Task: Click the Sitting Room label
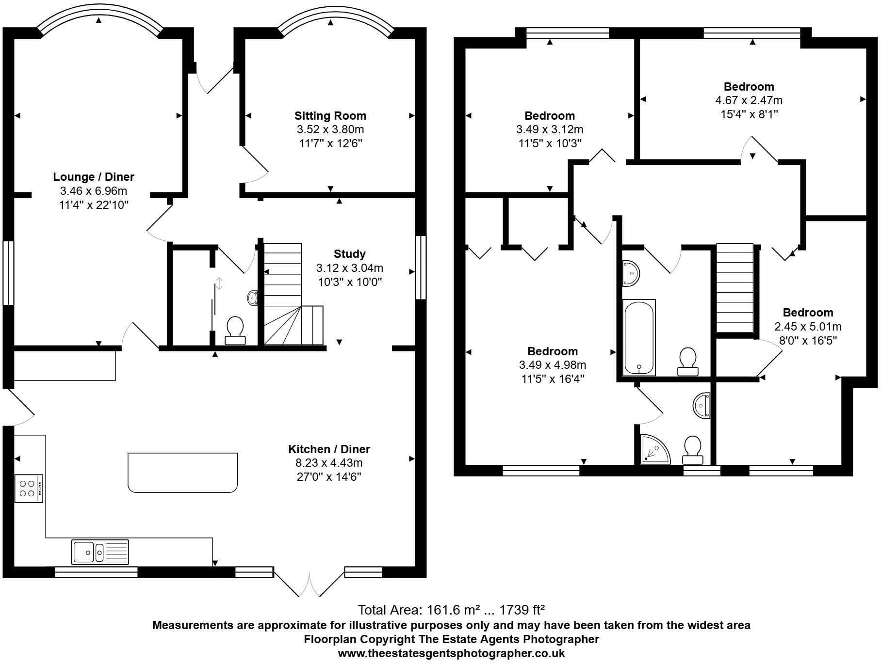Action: (330, 116)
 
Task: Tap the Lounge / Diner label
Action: (94, 177)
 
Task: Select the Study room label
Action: (350, 254)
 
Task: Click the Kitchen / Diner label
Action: (329, 449)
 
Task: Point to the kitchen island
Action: (183, 473)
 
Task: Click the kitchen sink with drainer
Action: (100, 552)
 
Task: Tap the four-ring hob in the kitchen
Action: (29, 489)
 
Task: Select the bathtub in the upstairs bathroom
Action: (639, 337)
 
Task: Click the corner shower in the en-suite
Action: (654, 449)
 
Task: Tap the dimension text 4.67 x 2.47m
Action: (749, 100)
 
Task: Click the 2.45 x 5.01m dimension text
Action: (808, 326)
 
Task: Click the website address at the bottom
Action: (451, 653)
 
